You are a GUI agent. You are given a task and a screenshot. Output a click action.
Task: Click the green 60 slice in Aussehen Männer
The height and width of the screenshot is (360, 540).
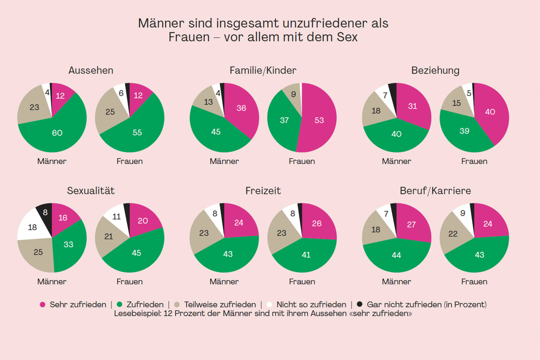click(x=57, y=133)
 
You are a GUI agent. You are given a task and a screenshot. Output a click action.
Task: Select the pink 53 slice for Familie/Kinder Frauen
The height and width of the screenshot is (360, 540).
click(x=319, y=120)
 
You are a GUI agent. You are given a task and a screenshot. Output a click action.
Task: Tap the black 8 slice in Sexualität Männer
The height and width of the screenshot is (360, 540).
click(x=45, y=212)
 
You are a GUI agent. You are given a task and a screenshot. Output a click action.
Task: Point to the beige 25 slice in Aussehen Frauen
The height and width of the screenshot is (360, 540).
click(x=110, y=112)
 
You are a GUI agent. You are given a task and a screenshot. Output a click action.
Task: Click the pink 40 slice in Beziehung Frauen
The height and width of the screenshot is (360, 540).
click(x=490, y=112)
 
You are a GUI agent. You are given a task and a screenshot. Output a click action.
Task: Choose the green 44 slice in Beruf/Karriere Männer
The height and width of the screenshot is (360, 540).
click(x=396, y=255)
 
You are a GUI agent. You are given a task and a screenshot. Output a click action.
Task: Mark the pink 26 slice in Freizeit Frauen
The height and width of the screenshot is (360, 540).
click(x=317, y=223)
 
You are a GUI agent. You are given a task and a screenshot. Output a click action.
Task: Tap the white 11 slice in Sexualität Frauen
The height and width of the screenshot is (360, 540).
click(x=116, y=216)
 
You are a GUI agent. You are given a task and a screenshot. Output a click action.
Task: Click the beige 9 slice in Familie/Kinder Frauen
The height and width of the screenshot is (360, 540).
click(x=293, y=94)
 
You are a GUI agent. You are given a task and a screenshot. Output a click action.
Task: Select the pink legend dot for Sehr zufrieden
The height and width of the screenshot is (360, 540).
click(x=43, y=304)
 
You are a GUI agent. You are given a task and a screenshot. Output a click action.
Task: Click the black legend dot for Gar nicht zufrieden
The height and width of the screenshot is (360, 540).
click(x=360, y=304)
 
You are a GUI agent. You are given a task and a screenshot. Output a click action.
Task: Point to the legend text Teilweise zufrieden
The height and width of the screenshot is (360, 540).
click(x=220, y=304)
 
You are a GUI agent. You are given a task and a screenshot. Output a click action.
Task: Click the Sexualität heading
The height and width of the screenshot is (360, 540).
click(x=91, y=191)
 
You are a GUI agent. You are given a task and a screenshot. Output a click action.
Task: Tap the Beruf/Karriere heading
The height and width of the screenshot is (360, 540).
click(x=435, y=191)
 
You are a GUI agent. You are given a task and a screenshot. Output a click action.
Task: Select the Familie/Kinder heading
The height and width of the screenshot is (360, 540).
click(x=263, y=71)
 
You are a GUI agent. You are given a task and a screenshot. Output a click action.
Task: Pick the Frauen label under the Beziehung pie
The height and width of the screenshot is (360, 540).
click(x=474, y=161)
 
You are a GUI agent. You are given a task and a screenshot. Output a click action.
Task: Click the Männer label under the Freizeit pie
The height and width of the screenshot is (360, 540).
click(x=224, y=282)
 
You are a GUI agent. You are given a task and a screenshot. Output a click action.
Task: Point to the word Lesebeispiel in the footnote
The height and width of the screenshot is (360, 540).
click(x=137, y=313)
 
